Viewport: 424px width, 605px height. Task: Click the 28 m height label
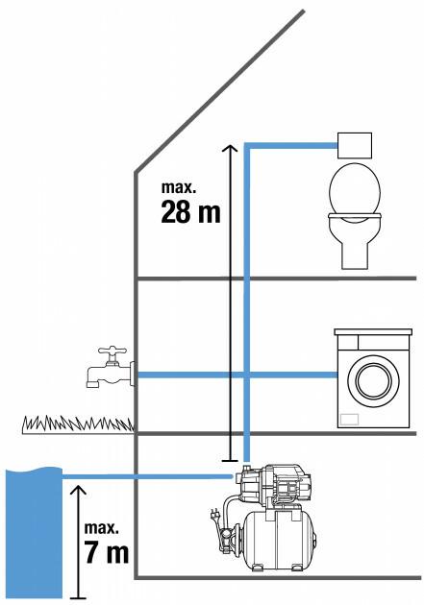coord(190,212)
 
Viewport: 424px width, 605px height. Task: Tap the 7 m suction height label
coord(107,552)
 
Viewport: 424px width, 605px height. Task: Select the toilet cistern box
coord(355,145)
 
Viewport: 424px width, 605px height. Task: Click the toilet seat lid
coord(355,188)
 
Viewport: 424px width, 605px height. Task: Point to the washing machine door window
coord(373,381)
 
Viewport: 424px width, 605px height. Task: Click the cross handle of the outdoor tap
coord(112,351)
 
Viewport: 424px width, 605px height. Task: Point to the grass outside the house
coord(78,423)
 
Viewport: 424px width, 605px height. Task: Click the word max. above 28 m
coord(179,187)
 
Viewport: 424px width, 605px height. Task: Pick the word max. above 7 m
coord(102,528)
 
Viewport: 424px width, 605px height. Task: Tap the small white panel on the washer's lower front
coord(349,420)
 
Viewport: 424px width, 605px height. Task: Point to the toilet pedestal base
coord(355,255)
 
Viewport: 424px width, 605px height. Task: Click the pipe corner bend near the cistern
coord(247,146)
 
